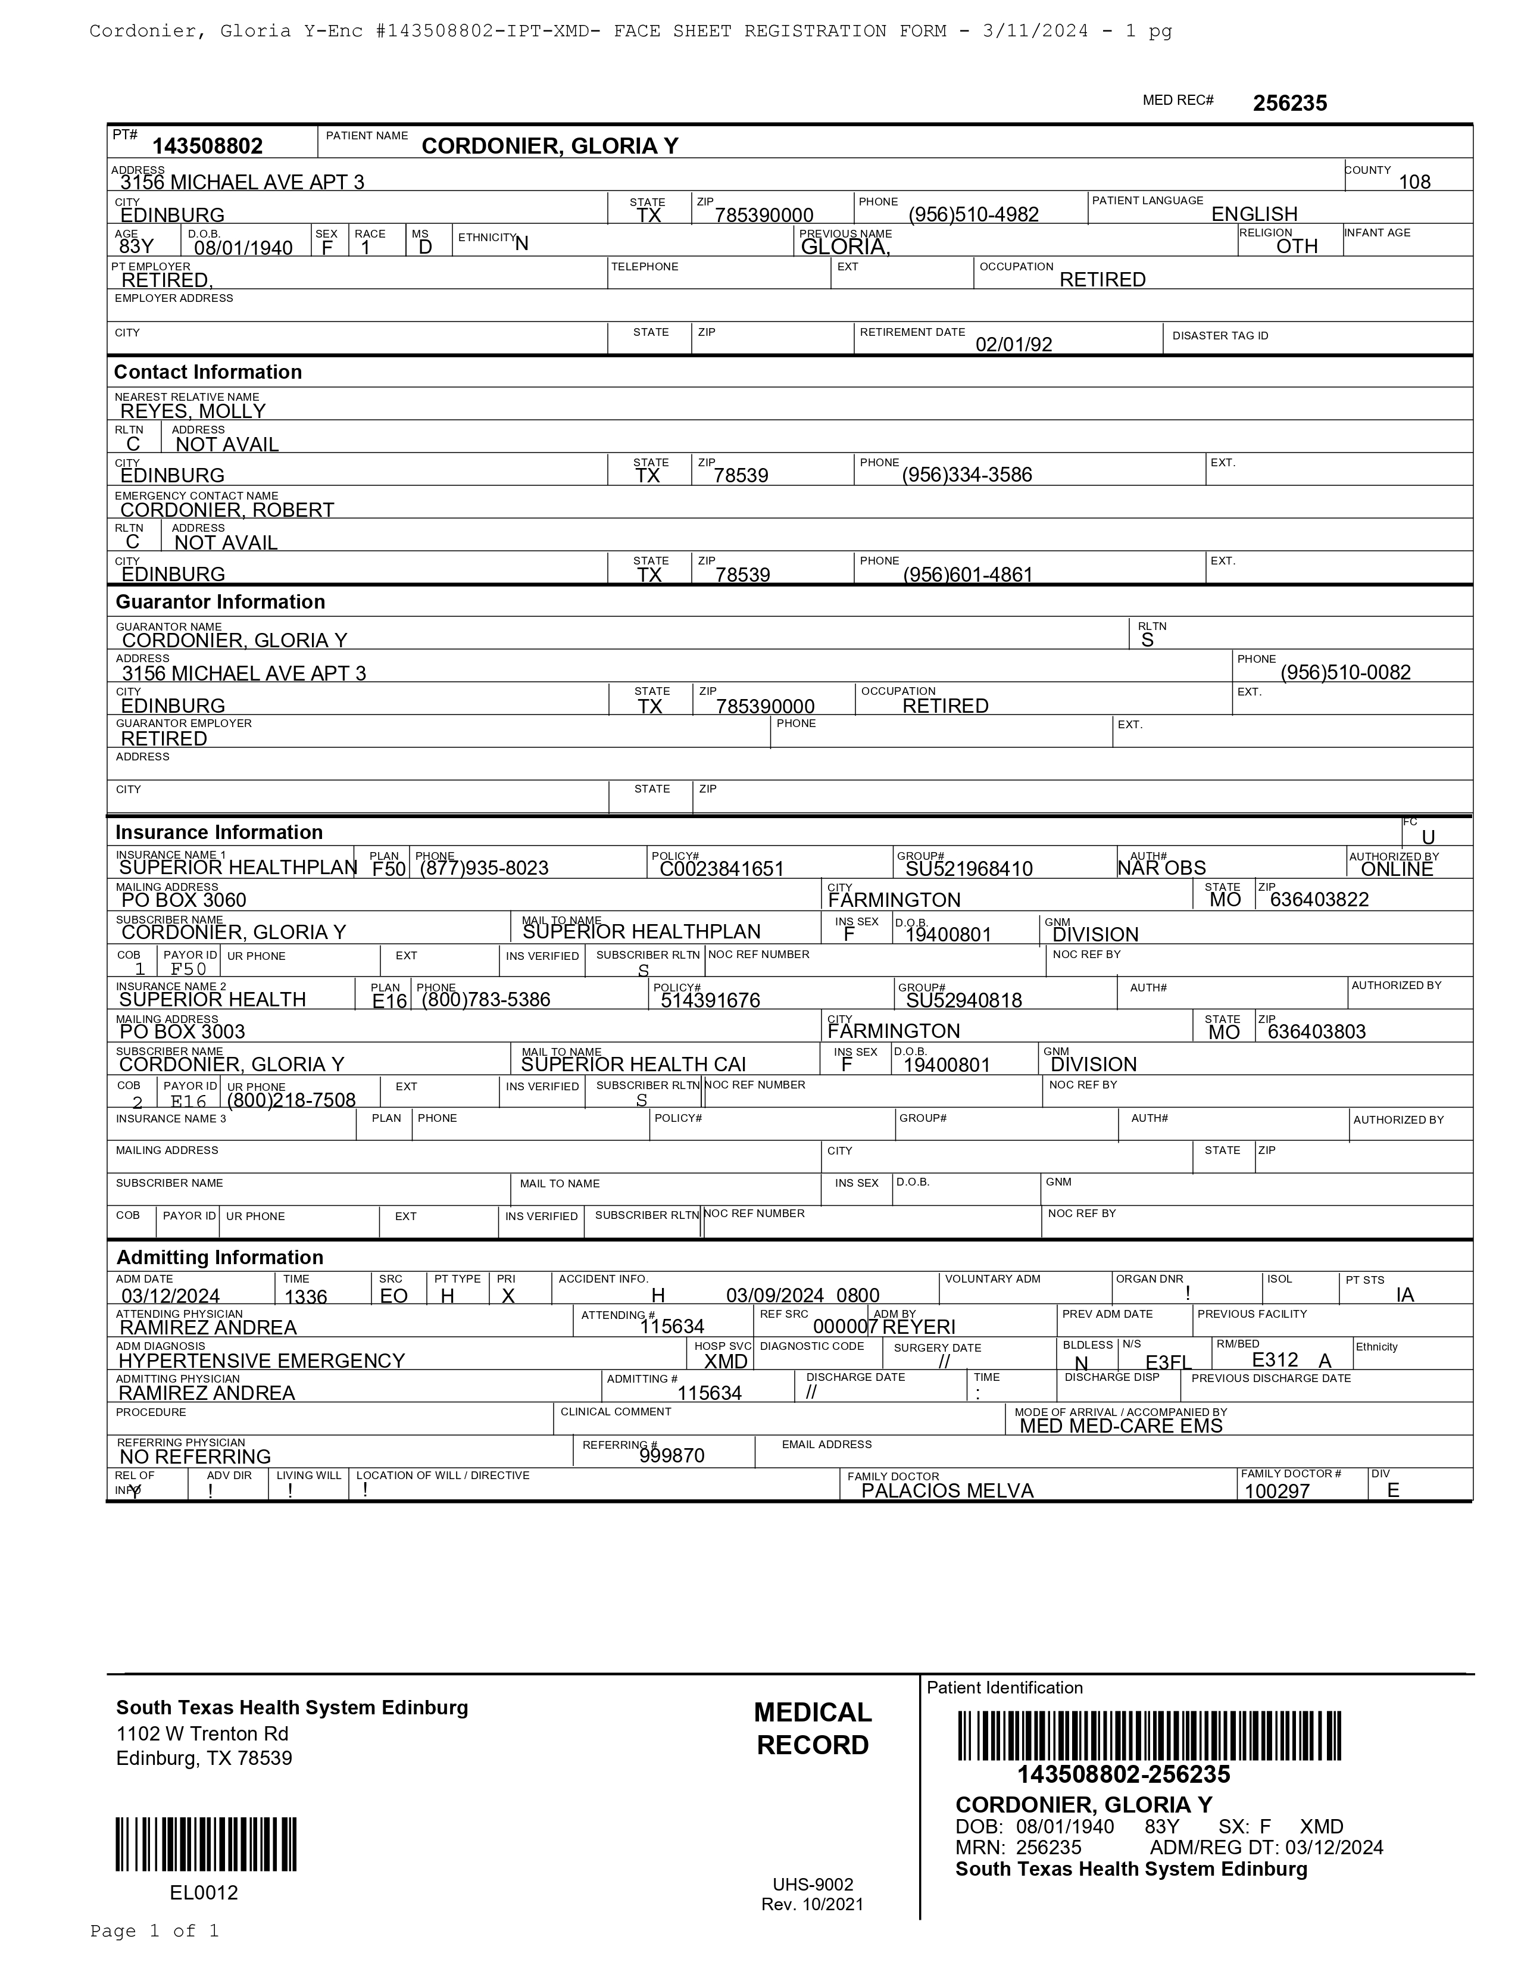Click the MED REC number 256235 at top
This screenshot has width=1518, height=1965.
[1289, 104]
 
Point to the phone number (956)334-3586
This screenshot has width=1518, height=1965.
[967, 475]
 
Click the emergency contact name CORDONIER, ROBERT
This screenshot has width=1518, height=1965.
[227, 510]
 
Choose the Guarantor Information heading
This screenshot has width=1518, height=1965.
[220, 602]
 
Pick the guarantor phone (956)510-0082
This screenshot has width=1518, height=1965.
[1345, 672]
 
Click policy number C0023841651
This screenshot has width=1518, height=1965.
[721, 868]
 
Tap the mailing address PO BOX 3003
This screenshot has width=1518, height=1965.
[183, 1031]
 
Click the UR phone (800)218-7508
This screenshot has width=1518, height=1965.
[291, 1099]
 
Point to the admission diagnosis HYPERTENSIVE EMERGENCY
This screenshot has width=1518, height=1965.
[262, 1361]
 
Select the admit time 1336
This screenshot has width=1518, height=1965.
[306, 1296]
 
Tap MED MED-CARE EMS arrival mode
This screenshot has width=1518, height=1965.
[1120, 1425]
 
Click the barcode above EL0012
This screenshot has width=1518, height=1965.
[206, 1845]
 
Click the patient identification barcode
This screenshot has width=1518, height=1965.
[1150, 1736]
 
